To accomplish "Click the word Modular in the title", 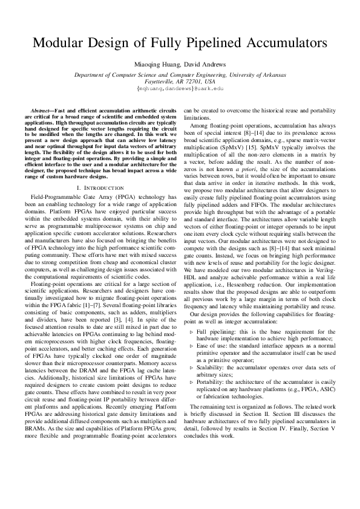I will pos(59,44).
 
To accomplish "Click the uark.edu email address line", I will pos(180,88).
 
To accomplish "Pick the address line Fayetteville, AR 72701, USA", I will pos(180,81).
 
